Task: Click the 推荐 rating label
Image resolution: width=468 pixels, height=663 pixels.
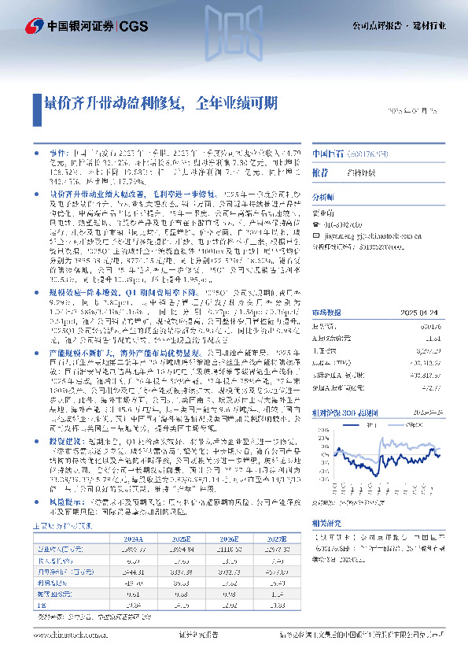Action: coord(320,171)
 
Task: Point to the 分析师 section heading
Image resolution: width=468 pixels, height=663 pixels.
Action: coord(323,197)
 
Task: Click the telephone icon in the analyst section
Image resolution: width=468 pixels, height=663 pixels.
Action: coord(317,224)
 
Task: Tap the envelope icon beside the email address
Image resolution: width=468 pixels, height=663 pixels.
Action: coord(317,234)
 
